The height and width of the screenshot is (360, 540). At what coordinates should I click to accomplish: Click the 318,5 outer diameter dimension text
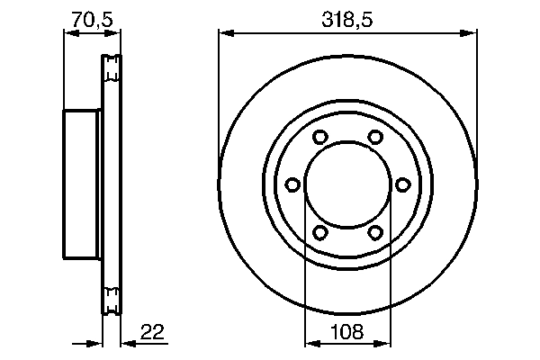click(346, 16)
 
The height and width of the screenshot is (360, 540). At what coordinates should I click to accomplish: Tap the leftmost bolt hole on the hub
click(292, 184)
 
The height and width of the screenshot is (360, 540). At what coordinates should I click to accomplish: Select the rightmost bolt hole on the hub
click(402, 184)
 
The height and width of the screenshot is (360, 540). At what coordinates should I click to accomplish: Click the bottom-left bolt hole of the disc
click(319, 232)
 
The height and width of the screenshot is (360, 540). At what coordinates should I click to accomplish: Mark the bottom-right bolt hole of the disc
click(374, 232)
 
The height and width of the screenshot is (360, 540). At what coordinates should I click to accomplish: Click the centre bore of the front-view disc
click(346, 184)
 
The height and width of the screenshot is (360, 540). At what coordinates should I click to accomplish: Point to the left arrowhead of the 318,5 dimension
click(225, 34)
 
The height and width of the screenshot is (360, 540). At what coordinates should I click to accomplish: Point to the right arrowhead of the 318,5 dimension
click(469, 34)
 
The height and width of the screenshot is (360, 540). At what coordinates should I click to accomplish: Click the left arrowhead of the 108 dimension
click(311, 344)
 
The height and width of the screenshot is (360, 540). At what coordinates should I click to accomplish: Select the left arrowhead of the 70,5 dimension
click(69, 34)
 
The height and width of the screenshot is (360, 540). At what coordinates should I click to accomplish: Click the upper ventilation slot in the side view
click(112, 67)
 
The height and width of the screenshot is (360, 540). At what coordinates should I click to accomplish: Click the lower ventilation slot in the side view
click(112, 301)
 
